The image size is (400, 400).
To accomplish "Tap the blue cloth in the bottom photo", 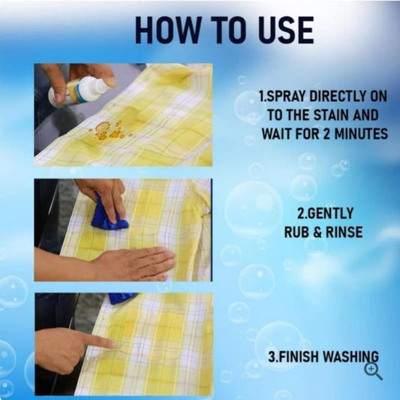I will (x=122, y=297).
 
